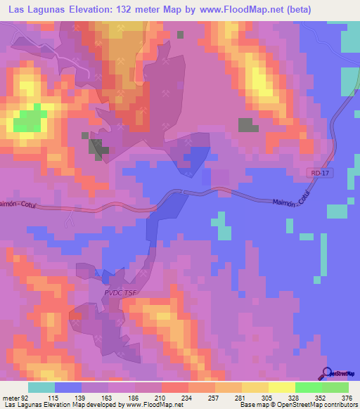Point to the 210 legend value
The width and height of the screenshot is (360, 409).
[160, 397]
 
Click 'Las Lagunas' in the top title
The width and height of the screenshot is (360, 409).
[35, 8]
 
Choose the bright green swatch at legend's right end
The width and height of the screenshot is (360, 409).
[335, 387]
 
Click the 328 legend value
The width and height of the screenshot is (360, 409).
[295, 397]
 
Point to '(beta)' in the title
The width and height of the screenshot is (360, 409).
[294, 8]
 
